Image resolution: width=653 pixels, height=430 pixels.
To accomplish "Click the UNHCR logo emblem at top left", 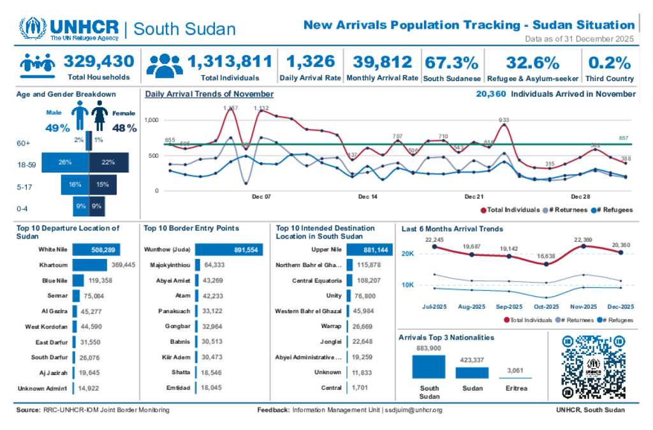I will click(x=32, y=29).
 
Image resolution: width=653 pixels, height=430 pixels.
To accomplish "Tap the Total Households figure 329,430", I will click(x=99, y=62).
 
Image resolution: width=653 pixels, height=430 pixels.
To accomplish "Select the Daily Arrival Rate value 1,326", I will click(x=311, y=62).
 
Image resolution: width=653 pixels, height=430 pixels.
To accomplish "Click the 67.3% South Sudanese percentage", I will click(x=451, y=63).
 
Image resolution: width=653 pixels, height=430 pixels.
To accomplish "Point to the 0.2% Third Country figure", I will click(x=610, y=63).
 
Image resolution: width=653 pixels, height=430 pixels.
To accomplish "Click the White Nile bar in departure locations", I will click(x=96, y=250).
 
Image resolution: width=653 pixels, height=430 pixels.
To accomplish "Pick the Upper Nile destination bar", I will click(x=367, y=250).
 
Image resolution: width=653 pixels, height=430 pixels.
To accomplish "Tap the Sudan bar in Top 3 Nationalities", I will click(x=472, y=373).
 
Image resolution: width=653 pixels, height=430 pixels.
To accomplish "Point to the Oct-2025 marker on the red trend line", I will click(x=547, y=264).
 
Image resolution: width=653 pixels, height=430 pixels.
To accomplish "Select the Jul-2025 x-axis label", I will click(x=434, y=306).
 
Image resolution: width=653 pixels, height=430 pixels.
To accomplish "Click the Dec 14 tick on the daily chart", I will click(x=367, y=197).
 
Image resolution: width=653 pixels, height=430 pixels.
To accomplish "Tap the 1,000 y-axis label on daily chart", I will click(x=150, y=120).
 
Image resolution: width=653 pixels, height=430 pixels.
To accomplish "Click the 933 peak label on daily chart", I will click(x=504, y=120).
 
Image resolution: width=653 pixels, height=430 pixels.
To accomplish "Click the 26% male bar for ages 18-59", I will click(x=65, y=163).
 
